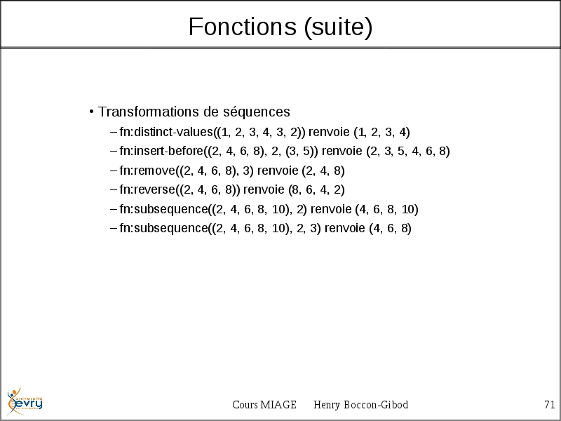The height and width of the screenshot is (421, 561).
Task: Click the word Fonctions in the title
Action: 242,27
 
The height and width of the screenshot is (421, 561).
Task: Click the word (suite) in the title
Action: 338,27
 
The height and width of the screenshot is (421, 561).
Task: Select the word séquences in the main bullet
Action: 257,112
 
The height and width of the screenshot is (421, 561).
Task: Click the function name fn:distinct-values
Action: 166,132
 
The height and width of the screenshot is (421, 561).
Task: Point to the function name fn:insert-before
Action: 161,151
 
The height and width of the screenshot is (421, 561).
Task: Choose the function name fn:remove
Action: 147,171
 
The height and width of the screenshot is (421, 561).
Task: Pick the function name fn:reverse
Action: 147,189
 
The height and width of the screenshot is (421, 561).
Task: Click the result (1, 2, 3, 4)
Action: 381,132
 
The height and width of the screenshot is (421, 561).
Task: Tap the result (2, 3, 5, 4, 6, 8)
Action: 408,151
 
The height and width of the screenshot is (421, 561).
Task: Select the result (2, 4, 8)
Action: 323,171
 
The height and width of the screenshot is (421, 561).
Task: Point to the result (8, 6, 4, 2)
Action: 317,189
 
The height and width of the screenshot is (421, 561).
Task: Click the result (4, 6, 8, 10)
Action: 387,209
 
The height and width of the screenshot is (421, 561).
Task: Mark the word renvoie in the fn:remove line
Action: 278,171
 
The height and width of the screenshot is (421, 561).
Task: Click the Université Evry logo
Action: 25,401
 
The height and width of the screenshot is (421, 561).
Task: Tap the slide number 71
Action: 550,405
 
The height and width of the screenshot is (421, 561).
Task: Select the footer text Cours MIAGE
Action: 264,405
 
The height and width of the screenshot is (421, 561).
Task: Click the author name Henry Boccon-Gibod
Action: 360,405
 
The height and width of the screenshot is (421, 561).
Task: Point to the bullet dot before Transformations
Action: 92,112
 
